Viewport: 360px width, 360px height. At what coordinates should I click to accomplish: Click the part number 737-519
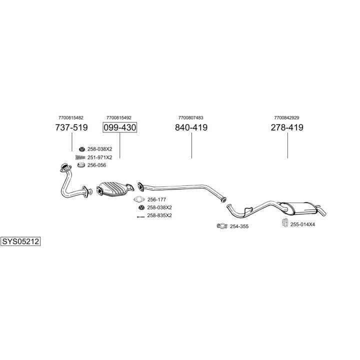pyautogui.click(x=71, y=127)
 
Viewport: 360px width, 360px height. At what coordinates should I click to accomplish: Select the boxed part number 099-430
pyautogui.click(x=120, y=127)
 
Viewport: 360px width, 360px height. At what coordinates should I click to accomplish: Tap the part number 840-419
pyautogui.click(x=191, y=127)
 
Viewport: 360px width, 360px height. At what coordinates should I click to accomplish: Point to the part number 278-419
pyautogui.click(x=287, y=127)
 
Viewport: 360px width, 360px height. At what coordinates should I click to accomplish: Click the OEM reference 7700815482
pyautogui.click(x=71, y=117)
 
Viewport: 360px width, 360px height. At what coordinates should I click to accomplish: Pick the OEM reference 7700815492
pyautogui.click(x=119, y=117)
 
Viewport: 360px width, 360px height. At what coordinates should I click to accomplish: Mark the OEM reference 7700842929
pyautogui.click(x=286, y=117)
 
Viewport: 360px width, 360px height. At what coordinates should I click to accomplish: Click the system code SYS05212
pyautogui.click(x=20, y=241)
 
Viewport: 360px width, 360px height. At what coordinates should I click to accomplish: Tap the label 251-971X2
pyautogui.click(x=100, y=157)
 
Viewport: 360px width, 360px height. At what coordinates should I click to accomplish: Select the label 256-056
pyautogui.click(x=96, y=165)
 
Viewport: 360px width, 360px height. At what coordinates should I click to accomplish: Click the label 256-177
pyautogui.click(x=156, y=199)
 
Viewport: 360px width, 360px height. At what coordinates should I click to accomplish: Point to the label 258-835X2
pyautogui.click(x=159, y=215)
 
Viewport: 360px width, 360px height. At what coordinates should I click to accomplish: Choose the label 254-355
pyautogui.click(x=239, y=226)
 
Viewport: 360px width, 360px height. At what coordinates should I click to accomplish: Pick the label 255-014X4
pyautogui.click(x=302, y=224)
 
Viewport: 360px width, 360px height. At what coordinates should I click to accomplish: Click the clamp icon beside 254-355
pyautogui.click(x=221, y=226)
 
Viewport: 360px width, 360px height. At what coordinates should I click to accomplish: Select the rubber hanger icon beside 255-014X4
pyautogui.click(x=283, y=223)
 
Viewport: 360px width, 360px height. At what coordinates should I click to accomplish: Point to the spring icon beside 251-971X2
pyautogui.click(x=80, y=157)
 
